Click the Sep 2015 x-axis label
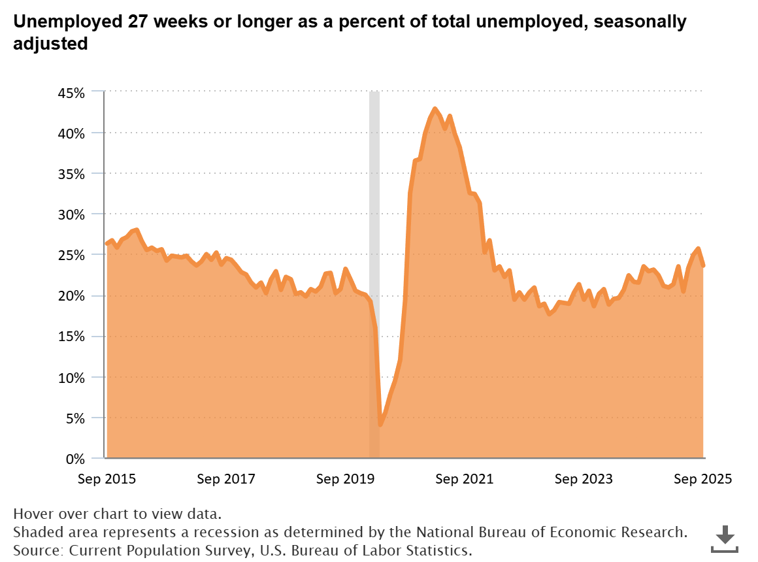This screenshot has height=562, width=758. [107, 479]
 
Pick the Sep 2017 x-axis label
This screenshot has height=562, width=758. [226, 479]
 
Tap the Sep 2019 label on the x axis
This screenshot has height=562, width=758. [345, 479]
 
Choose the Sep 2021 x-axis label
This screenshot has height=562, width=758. [465, 479]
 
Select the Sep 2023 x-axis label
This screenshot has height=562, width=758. [584, 479]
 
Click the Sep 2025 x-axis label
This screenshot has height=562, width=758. [703, 479]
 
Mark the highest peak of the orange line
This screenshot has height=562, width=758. [435, 109]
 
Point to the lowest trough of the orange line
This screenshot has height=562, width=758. [380, 424]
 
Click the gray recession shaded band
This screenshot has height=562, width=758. [374, 196]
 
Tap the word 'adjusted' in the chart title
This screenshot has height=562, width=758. [50, 44]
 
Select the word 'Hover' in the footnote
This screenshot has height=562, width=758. [32, 513]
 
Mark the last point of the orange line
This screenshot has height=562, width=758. [703, 265]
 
